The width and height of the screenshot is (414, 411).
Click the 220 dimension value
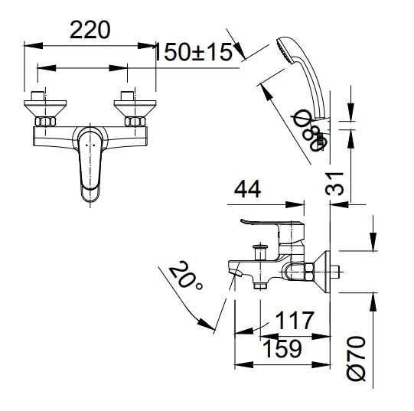(x=91, y=30)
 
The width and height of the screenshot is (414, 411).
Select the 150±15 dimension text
(x=193, y=53)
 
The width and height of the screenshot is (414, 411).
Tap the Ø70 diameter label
(x=358, y=359)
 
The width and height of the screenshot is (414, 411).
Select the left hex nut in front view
(x=45, y=122)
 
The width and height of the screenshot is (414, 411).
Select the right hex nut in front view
(x=135, y=122)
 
